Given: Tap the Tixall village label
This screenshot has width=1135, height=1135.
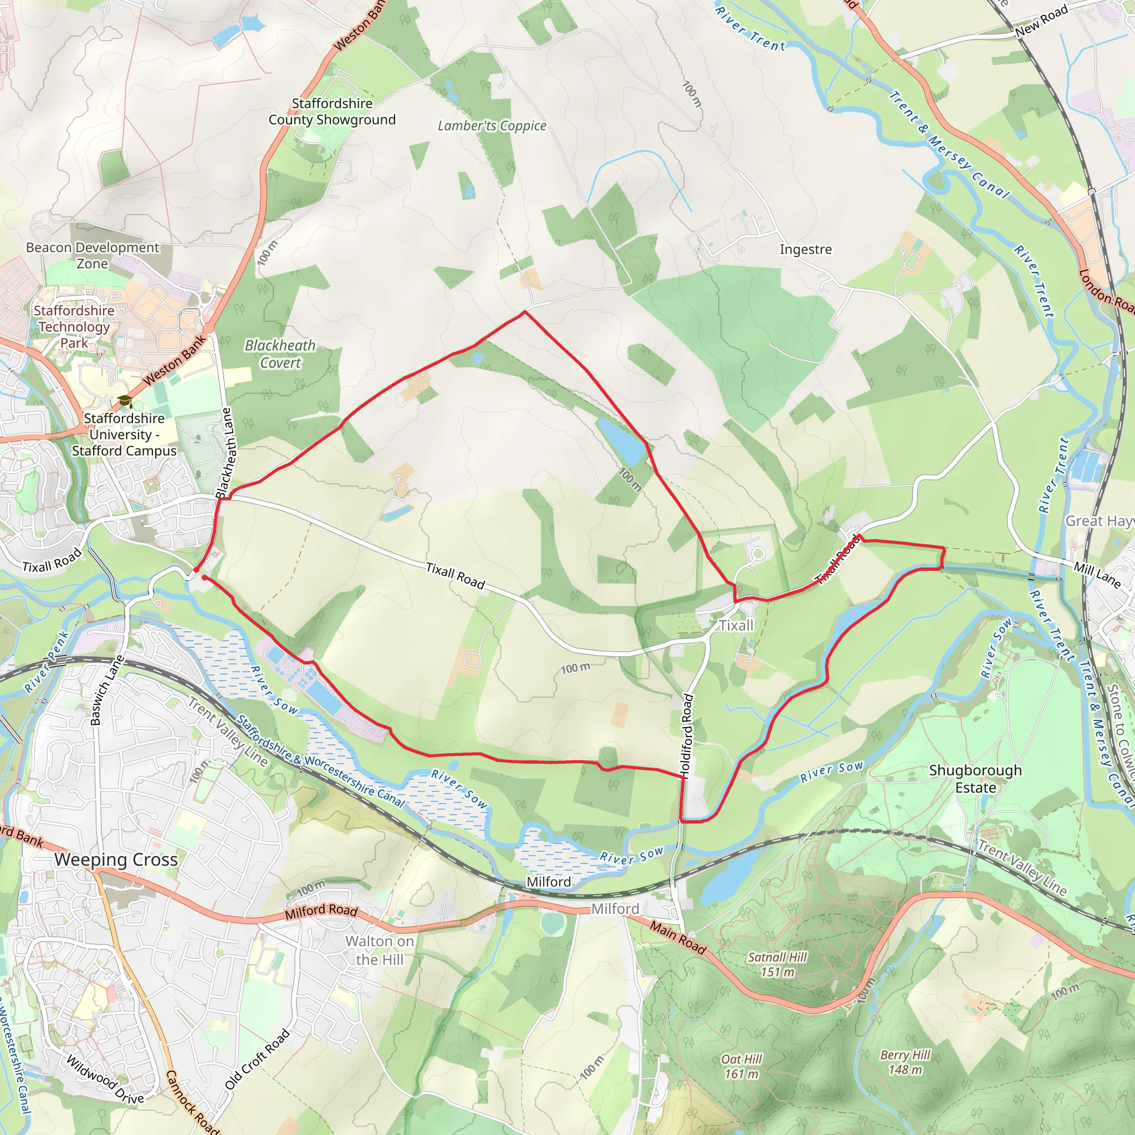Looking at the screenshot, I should coord(736,626).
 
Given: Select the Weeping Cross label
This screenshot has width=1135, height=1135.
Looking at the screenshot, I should coord(116,860).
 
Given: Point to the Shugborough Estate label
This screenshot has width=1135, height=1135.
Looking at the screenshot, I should coord(975,779).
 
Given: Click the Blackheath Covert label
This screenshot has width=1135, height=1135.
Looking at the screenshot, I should coord(280,354).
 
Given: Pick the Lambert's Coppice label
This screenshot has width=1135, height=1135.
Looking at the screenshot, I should coord(492,126).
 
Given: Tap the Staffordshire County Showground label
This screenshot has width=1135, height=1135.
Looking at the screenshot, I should coord(332,111).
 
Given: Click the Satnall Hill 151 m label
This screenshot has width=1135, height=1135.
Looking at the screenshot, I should coord(777,965).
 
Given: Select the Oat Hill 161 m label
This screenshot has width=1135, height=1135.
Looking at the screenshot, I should coord(742,1066).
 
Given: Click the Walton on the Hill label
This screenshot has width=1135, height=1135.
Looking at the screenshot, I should coord(380,950).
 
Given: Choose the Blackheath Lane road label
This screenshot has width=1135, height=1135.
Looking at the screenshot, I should coord(226,453).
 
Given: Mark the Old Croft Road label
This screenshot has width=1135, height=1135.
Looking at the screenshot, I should coord(257,1059).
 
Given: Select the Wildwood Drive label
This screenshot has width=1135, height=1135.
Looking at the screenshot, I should coord(105,1080).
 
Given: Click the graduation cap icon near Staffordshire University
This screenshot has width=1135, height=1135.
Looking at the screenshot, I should coord(125,401).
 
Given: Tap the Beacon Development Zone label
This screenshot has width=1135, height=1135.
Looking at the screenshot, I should coord(92,255).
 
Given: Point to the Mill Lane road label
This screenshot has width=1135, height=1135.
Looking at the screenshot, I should coord(1097,575).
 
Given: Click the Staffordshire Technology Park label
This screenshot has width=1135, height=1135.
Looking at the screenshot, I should coord(74,326).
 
